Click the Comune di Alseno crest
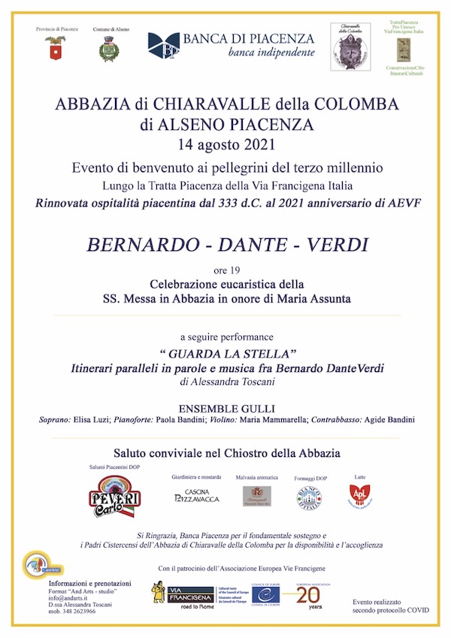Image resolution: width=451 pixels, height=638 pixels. click(106, 49)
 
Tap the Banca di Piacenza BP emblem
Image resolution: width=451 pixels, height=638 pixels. click(165, 47)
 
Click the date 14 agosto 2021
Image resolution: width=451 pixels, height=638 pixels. click(225, 144)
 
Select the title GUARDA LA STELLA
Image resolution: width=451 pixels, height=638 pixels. click(225, 352)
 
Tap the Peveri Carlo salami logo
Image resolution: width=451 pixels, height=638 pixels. click(111, 495)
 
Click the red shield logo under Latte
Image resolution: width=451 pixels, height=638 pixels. click(358, 494)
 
